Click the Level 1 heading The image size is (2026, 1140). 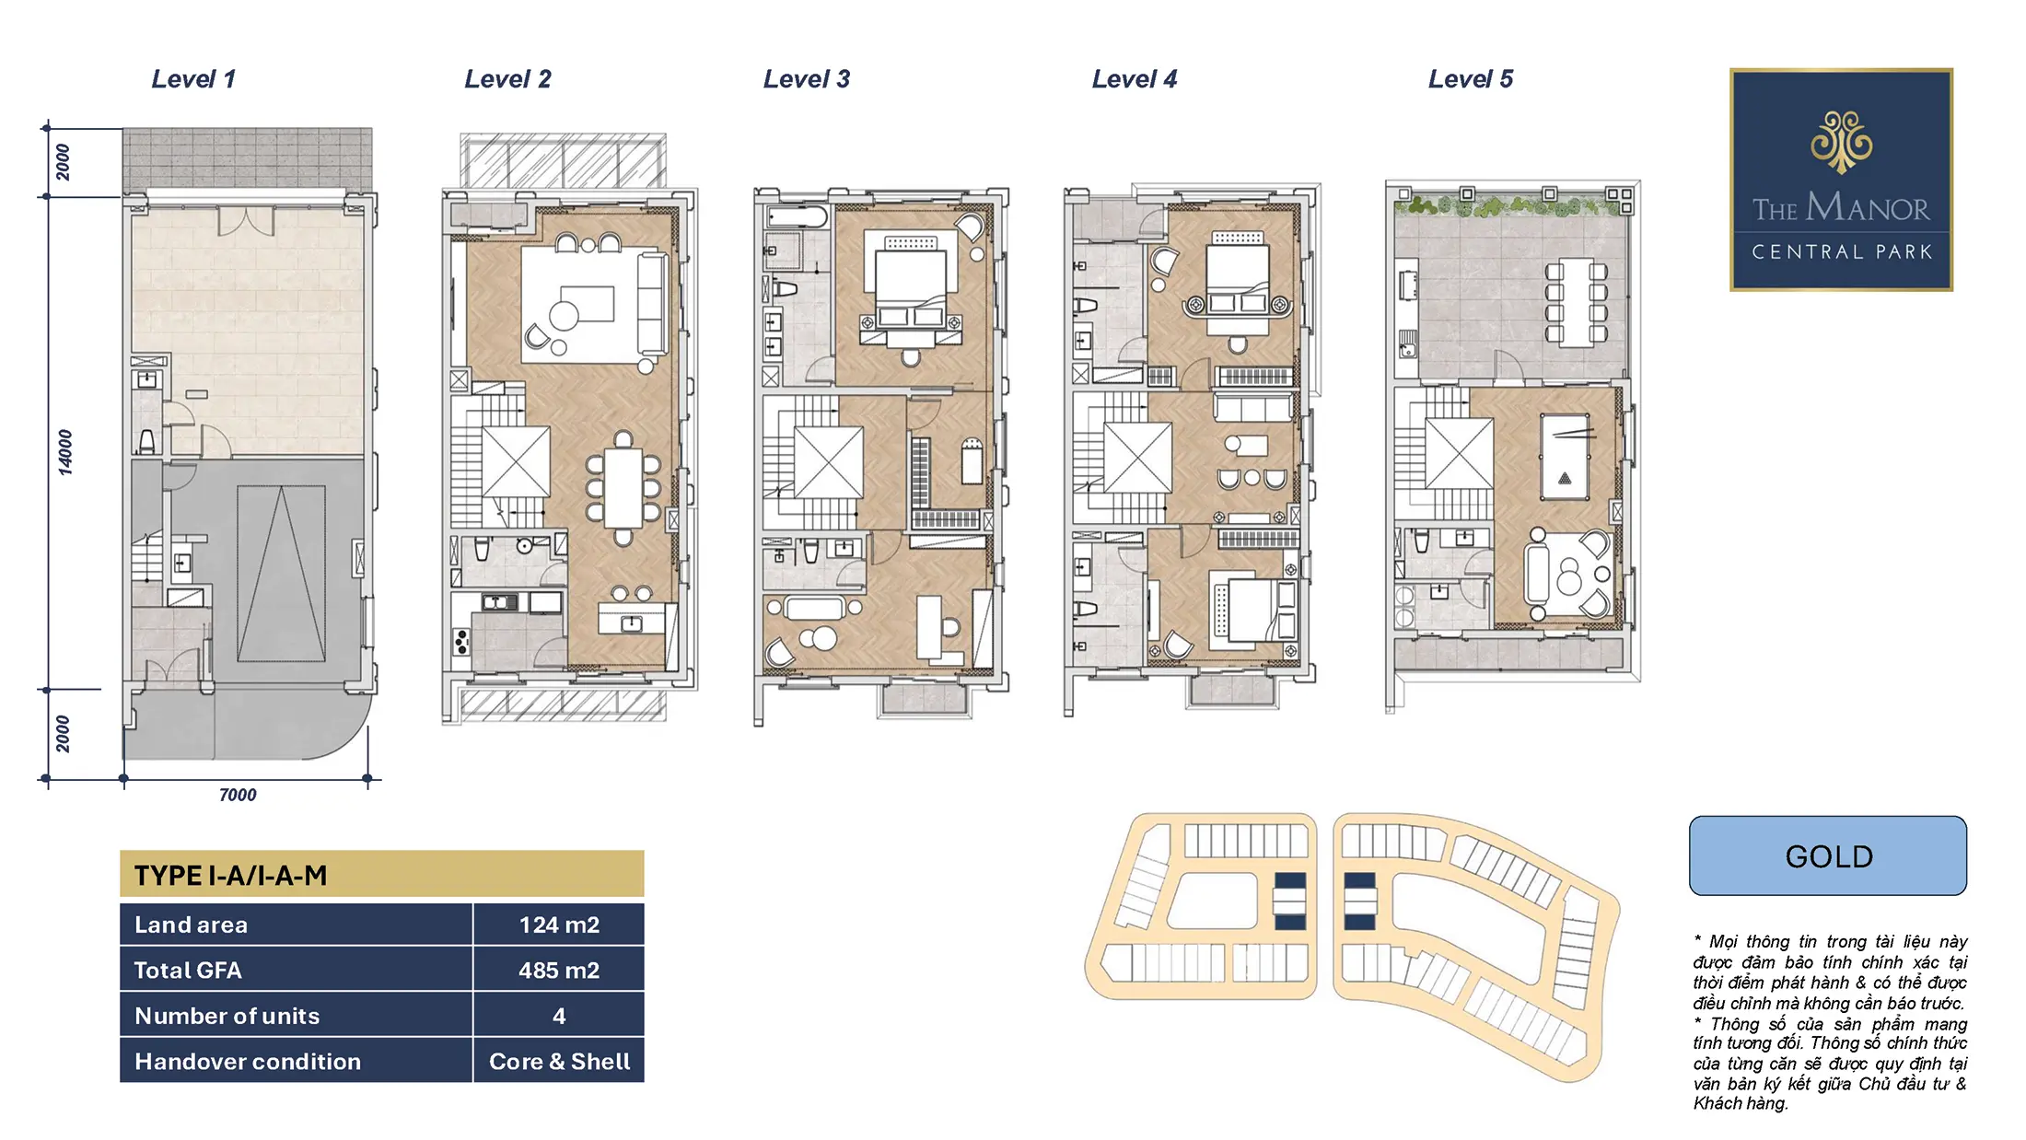point(193,79)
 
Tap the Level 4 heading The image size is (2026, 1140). point(1135,79)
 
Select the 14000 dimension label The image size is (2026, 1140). point(64,452)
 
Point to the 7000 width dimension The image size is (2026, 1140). point(238,795)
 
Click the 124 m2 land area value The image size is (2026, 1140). point(559,925)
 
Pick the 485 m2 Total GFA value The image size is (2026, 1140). point(559,970)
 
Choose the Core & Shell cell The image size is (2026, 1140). point(559,1061)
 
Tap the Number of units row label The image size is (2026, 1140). point(227,1016)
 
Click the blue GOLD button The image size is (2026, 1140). point(1828,855)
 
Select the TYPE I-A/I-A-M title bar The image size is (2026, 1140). point(382,874)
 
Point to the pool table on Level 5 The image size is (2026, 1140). point(1565,457)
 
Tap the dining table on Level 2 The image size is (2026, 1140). point(623,487)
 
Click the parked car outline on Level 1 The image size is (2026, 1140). point(281,574)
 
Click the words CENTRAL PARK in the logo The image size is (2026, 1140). point(1842,252)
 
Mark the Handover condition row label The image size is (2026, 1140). point(248,1061)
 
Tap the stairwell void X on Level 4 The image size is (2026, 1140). point(1137,457)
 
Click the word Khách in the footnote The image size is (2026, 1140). point(1716,1103)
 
